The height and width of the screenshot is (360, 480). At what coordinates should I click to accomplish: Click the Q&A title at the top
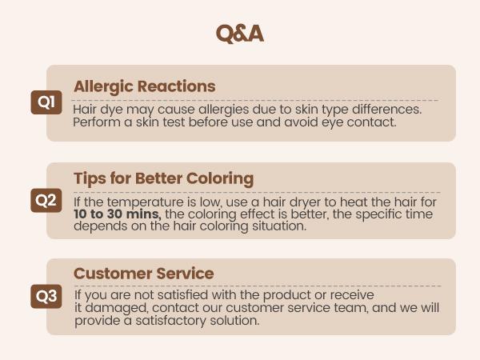point(239,33)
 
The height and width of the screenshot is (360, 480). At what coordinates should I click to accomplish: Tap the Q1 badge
point(46,102)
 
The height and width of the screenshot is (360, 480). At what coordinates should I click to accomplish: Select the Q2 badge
point(46,200)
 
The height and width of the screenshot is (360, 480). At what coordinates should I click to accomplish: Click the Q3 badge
point(46,296)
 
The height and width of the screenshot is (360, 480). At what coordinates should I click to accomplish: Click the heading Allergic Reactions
point(144,86)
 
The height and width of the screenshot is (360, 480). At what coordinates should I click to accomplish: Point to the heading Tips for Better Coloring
point(163,178)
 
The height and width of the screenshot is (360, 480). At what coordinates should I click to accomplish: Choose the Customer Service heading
point(143,274)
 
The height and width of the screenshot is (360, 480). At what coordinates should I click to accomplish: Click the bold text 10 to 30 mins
point(118,214)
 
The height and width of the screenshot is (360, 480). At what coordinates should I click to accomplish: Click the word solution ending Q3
point(232,321)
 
